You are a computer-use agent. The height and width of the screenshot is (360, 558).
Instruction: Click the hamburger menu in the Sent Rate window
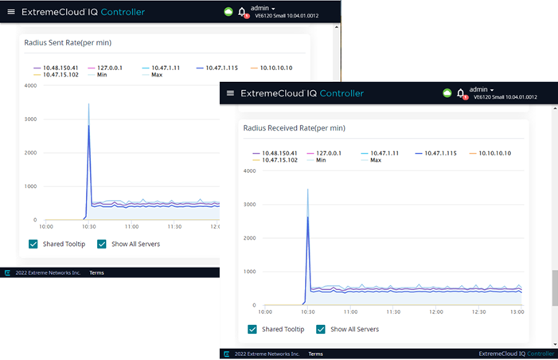[11, 12]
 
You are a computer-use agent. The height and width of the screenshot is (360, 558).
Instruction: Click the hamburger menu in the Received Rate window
[231, 93]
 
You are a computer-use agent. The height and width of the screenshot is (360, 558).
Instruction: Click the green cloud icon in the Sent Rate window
[228, 12]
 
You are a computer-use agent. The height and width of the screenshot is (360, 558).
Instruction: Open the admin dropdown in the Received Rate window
[482, 89]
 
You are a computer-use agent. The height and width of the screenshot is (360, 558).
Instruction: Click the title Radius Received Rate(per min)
[294, 127]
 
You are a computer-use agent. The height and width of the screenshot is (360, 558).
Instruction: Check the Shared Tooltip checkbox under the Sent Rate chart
[33, 244]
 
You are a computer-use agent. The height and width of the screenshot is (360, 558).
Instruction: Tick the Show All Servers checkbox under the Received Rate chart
[321, 329]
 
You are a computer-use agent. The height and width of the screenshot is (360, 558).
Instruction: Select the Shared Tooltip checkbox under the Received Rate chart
[252, 329]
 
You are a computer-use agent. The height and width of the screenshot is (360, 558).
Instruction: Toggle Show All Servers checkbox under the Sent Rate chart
[102, 244]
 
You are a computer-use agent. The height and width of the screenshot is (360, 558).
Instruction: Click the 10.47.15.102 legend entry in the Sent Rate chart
[60, 75]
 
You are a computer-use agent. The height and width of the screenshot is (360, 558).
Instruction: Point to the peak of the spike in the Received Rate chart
[307, 190]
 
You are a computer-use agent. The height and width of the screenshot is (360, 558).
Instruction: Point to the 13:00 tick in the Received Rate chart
[517, 311]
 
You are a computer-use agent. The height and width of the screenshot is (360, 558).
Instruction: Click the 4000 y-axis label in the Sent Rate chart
[30, 85]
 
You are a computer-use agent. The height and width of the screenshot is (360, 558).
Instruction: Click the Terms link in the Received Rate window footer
[315, 354]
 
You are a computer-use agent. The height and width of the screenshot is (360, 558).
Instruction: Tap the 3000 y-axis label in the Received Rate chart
[249, 204]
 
